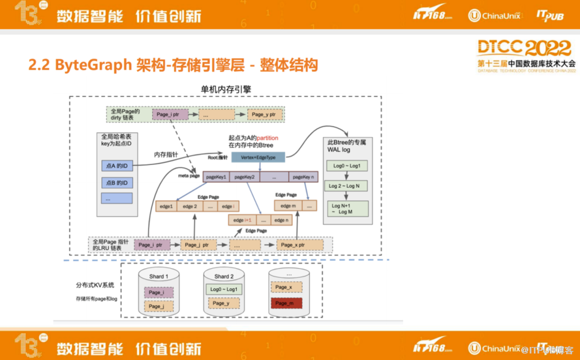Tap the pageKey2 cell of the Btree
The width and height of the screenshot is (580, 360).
click(x=245, y=177)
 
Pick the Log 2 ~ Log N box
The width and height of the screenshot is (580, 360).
click(x=347, y=187)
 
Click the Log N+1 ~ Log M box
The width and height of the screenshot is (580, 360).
click(x=347, y=209)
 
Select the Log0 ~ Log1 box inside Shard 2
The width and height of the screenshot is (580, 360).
click(x=224, y=289)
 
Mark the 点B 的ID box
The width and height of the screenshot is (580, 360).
click(x=116, y=181)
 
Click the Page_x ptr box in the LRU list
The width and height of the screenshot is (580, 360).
click(x=298, y=245)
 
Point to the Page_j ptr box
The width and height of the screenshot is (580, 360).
click(x=196, y=245)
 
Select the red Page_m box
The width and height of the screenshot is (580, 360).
click(x=286, y=304)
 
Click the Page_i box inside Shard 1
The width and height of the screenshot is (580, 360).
click(x=156, y=292)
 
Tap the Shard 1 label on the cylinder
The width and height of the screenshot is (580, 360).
click(x=157, y=277)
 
